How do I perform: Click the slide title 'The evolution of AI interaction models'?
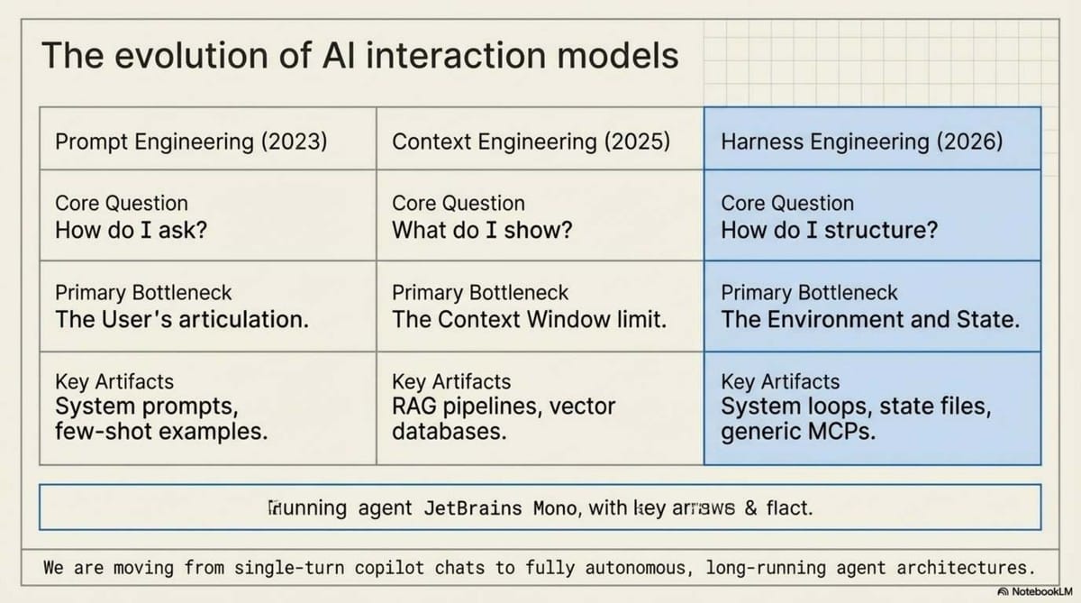[x=359, y=56]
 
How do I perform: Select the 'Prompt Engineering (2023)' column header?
[x=191, y=142]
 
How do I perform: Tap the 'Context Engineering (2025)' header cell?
[x=531, y=142]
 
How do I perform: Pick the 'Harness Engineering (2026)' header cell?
[x=861, y=142]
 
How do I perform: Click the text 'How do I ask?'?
[x=132, y=230]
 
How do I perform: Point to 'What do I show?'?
[x=482, y=230]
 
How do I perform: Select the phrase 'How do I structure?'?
[x=829, y=230]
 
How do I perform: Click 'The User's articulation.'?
[x=182, y=319]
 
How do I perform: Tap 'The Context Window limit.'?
[x=530, y=319]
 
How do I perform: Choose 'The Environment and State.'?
[x=870, y=319]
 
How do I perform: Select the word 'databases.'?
[x=449, y=431]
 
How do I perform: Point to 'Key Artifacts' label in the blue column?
[x=780, y=382]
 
